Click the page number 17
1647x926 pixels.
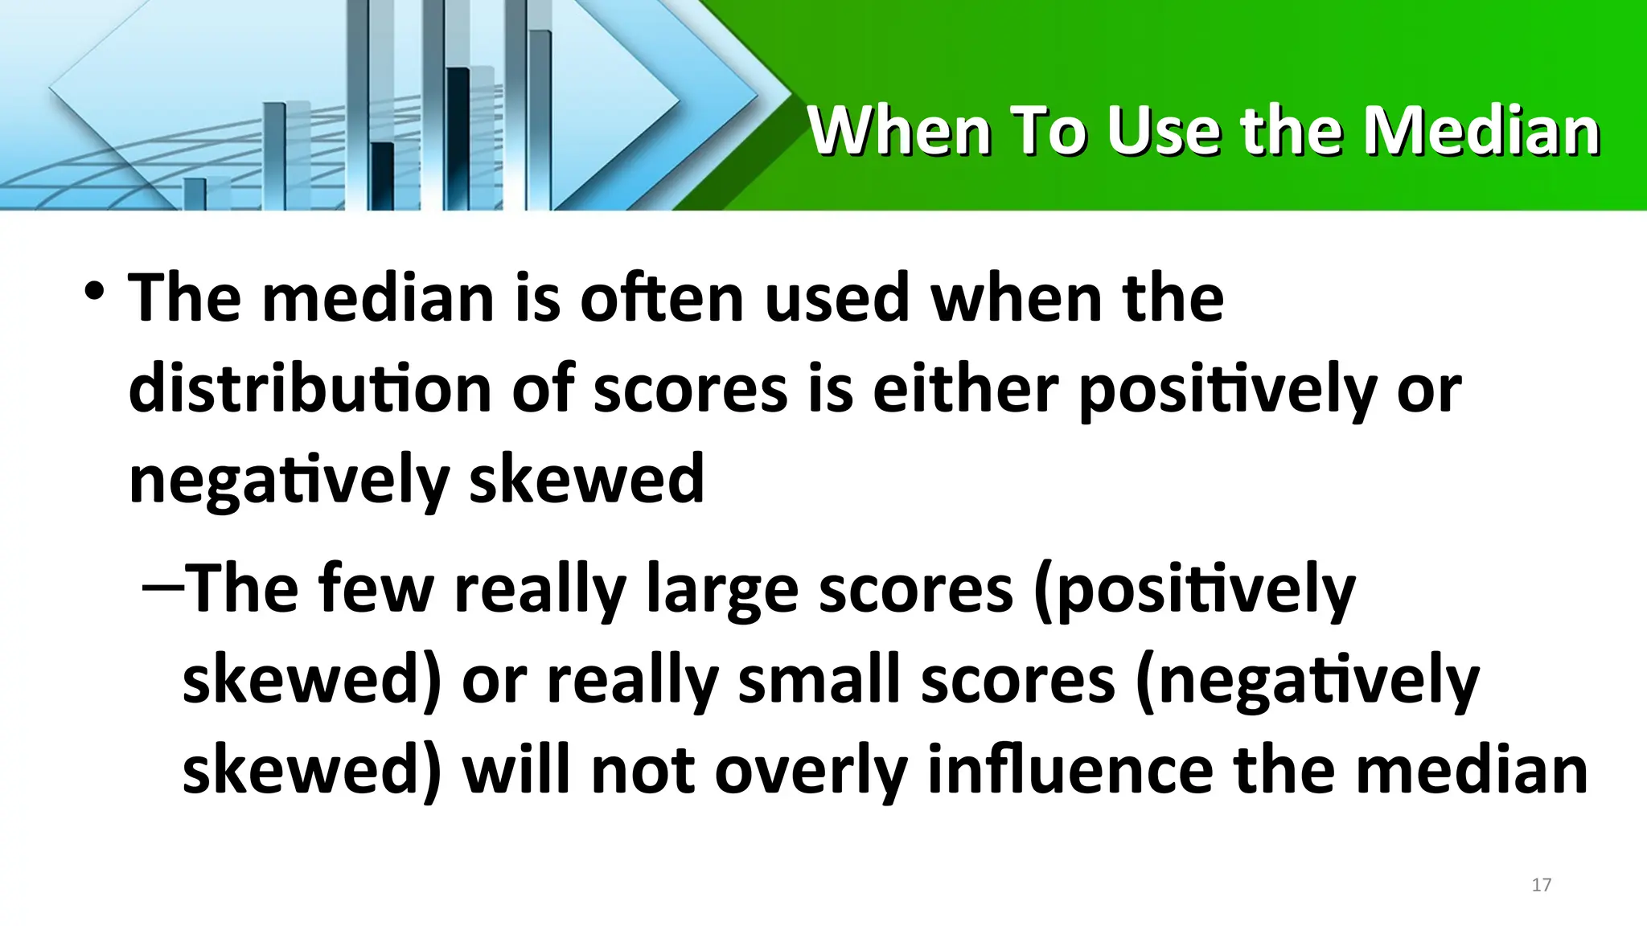1541,885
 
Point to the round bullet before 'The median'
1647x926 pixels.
94,290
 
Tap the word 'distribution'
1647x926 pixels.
310,389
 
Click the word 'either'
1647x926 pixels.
964,389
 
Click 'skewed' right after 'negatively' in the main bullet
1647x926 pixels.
586,480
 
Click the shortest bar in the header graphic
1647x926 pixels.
195,194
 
